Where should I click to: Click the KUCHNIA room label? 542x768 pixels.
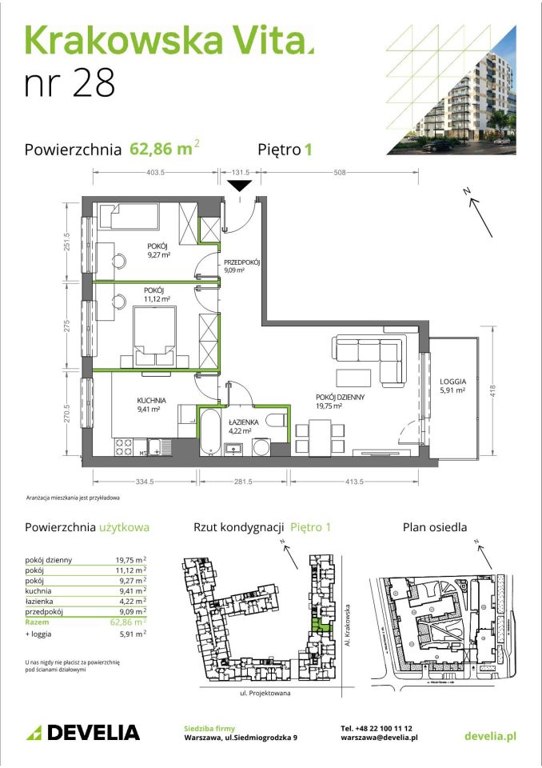pos(150,399)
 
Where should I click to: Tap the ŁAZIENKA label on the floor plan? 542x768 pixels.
pos(241,422)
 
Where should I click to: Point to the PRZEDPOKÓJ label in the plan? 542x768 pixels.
pos(244,262)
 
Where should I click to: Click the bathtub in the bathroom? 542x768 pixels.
pos(210,432)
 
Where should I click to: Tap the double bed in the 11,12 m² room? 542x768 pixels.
pos(153,334)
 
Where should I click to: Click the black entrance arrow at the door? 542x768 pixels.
pos(240,186)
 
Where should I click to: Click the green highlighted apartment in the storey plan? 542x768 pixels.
pos(319,626)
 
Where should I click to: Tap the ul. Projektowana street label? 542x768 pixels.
pos(263,693)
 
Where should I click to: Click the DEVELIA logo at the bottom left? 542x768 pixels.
pos(83,732)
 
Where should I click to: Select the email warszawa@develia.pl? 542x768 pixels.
pos(379,738)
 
